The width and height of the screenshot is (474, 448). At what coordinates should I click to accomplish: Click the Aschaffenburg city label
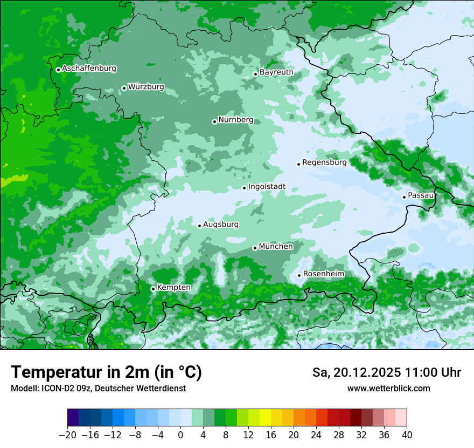89,69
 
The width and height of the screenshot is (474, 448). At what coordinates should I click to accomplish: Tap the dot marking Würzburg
124,88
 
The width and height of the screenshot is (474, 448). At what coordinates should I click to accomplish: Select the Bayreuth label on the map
276,72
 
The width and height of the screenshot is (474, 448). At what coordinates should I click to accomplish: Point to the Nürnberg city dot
214,121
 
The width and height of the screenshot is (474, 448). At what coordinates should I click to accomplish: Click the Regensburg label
324,162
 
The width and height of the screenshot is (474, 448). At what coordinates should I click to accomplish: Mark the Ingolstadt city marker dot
244,188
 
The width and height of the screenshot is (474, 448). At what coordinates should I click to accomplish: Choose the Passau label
421,195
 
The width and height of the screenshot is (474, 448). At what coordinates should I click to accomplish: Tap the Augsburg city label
221,224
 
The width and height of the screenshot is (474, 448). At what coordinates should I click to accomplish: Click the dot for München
255,248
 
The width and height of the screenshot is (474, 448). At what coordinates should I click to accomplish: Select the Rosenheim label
323,274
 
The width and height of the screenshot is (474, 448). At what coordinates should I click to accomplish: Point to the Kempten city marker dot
153,289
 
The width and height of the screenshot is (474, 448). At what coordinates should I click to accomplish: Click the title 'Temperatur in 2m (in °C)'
106,372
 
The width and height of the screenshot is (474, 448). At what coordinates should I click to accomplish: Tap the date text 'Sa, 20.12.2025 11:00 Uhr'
386,372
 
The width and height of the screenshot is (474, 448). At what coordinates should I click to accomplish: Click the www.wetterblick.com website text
388,388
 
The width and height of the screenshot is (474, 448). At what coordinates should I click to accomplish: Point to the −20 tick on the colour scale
68,435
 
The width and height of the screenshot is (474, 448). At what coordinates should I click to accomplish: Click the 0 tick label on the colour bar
180,435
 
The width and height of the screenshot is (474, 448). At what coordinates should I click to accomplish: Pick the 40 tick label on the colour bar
407,435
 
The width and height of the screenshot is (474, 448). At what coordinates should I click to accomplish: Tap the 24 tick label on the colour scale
316,435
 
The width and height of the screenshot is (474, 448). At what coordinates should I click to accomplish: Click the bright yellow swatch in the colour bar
265,418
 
